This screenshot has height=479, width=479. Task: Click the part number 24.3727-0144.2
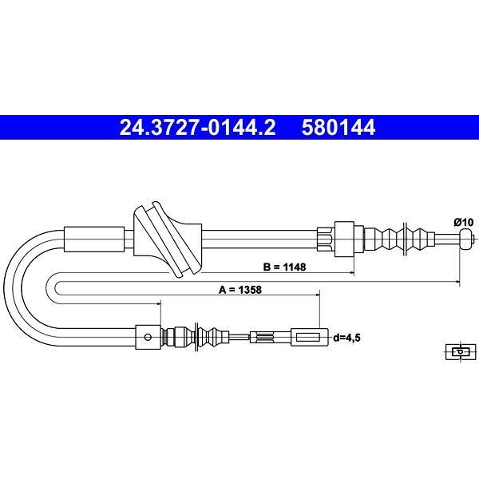pyautogui.click(x=197, y=128)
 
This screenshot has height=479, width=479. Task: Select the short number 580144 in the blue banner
pyautogui.click(x=338, y=128)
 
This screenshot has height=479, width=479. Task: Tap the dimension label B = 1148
pyautogui.click(x=284, y=267)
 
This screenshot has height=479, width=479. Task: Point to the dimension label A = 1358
pyautogui.click(x=240, y=290)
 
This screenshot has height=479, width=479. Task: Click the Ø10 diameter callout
pyautogui.click(x=463, y=223)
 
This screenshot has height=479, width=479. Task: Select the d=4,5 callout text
pyautogui.click(x=346, y=338)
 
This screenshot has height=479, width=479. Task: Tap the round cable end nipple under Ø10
pyautogui.click(x=466, y=239)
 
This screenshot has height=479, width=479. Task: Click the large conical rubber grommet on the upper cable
pyautogui.click(x=168, y=239)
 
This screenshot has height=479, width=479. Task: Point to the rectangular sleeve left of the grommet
pyautogui.click(x=94, y=239)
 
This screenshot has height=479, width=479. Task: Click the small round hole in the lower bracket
pyautogui.click(x=148, y=337)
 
